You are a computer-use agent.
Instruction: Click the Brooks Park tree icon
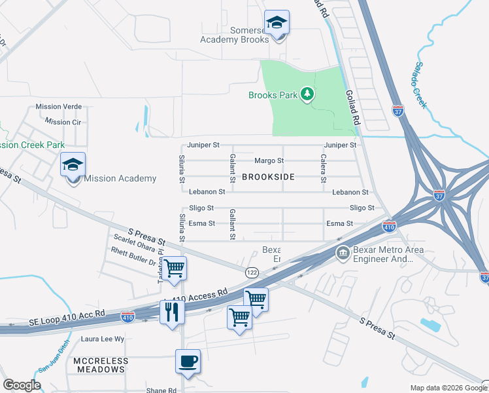pyautogui.click(x=307, y=95)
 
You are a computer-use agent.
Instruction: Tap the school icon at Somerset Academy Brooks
pyautogui.click(x=277, y=24)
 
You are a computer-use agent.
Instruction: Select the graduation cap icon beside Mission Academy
pyautogui.click(x=73, y=166)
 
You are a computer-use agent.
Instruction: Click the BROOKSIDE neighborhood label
pyautogui.click(x=268, y=177)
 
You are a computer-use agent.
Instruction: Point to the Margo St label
pyautogui.click(x=269, y=160)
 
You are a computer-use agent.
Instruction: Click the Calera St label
pyautogui.click(x=323, y=168)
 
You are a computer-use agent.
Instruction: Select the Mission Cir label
pyautogui.click(x=63, y=122)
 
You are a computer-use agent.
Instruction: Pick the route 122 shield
pyautogui.click(x=252, y=272)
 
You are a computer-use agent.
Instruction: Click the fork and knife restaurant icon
pyautogui.click(x=172, y=312)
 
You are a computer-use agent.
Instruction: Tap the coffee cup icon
pyautogui.click(x=188, y=361)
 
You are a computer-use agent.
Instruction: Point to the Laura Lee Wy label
pyautogui.click(x=102, y=339)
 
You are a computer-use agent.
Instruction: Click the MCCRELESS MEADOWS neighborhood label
pyautogui.click(x=99, y=365)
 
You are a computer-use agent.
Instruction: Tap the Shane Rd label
pyautogui.click(x=161, y=390)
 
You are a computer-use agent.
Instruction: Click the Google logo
pyautogui.click(x=22, y=385)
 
